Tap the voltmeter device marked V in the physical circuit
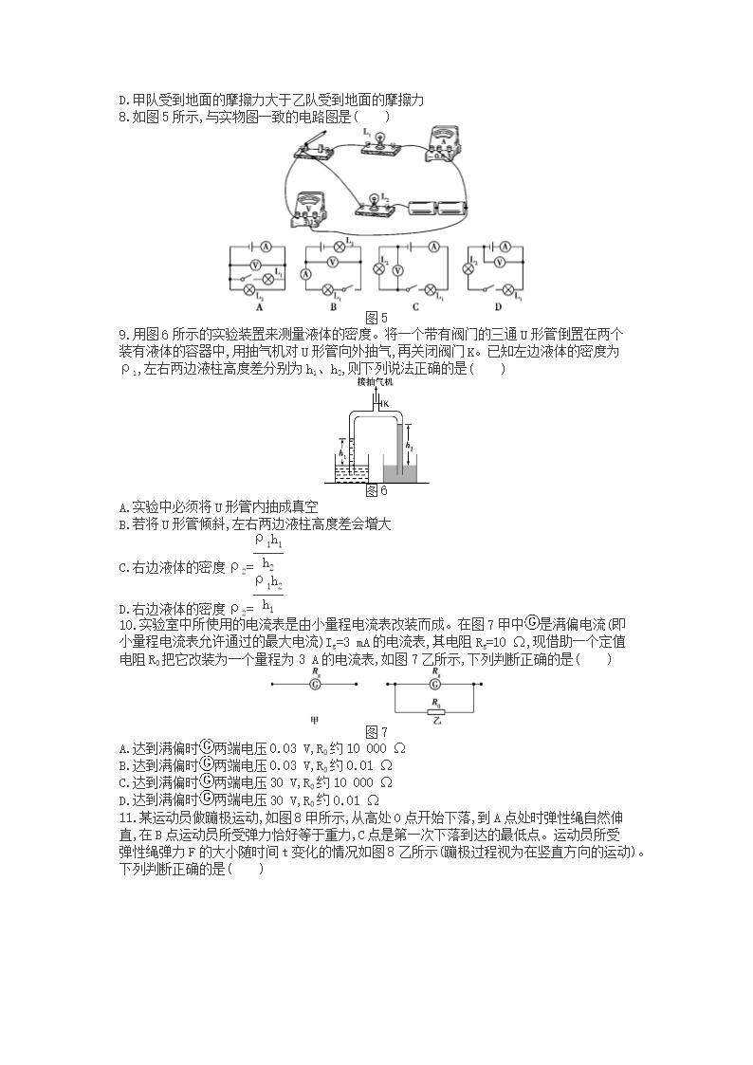point(314,206)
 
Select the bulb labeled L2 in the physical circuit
point(373,203)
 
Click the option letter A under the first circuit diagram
point(259,306)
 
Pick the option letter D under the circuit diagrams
point(495,306)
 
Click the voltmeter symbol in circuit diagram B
point(332,261)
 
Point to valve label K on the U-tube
point(388,404)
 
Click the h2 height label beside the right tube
point(408,444)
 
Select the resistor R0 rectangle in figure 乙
point(434,708)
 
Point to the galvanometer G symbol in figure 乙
point(434,683)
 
